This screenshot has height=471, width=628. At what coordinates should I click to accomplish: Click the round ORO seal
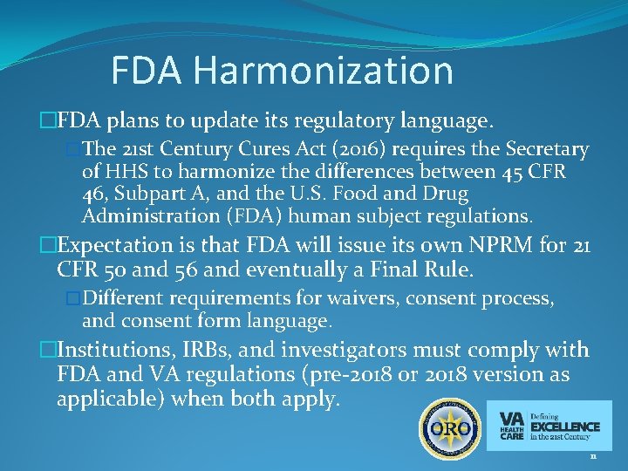click(x=446, y=430)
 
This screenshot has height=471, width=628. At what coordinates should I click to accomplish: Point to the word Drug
click(x=445, y=194)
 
